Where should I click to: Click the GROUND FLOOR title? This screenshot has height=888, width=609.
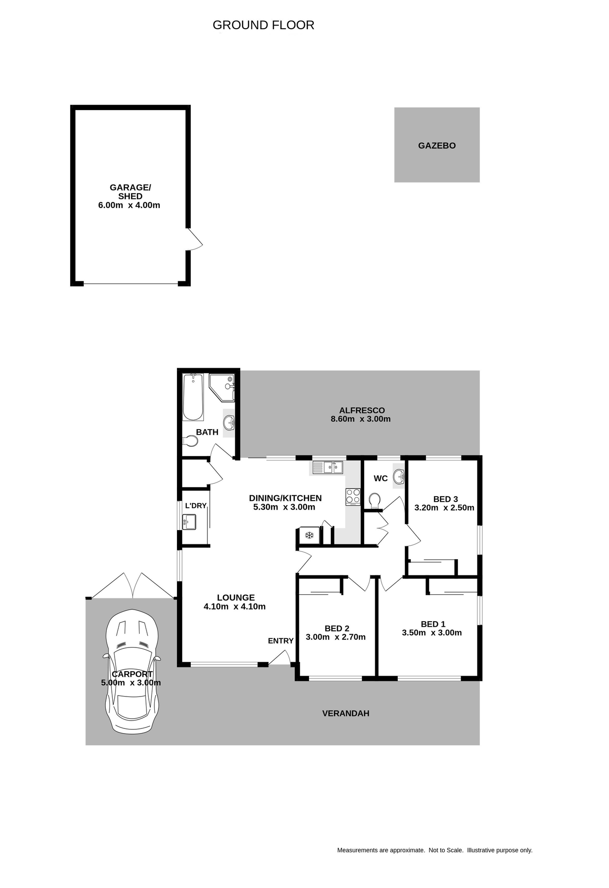263,25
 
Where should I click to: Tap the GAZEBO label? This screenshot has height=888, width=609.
437,146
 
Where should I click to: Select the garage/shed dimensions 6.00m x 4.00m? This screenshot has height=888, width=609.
129,205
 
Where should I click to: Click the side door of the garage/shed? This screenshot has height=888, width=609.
194,240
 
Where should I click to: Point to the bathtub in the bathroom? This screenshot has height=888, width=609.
193,397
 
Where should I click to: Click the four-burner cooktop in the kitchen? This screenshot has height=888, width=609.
353,497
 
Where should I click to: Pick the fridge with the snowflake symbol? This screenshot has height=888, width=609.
309,536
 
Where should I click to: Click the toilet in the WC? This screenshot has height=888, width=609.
375,500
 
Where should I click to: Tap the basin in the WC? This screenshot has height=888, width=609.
398,476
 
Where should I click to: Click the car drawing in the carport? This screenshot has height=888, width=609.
132,671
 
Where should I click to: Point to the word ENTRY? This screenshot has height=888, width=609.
280,641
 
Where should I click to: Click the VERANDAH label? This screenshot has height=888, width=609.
346,713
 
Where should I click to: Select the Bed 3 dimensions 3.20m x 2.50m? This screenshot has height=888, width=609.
444,507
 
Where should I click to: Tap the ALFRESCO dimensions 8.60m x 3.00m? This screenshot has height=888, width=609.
360,419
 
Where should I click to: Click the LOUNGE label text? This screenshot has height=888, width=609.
236,598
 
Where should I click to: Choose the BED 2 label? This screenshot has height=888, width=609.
337,628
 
